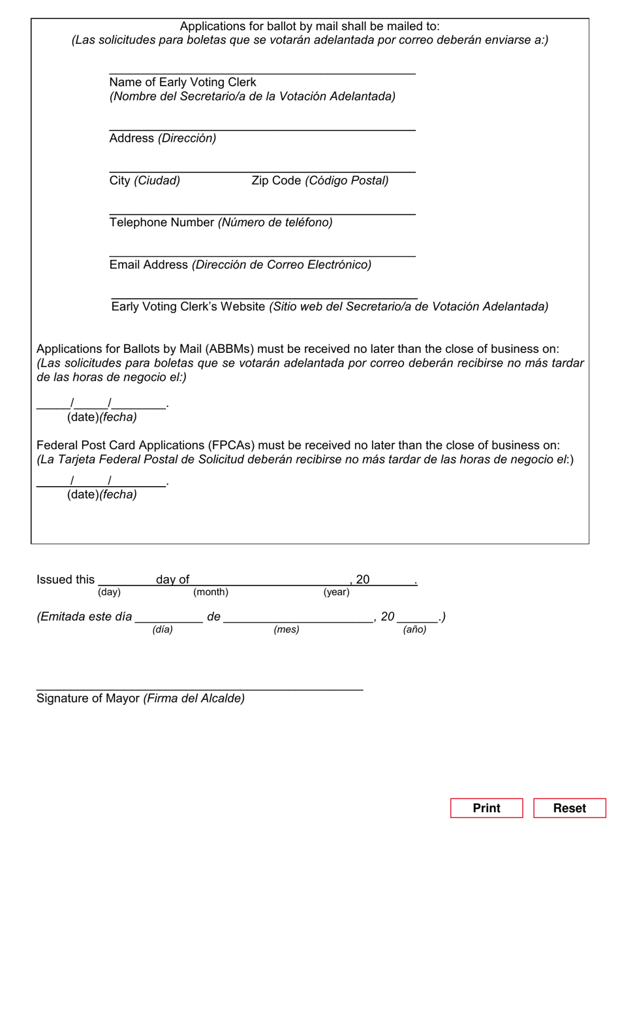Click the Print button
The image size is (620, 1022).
click(x=486, y=808)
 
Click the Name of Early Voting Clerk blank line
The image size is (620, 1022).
click(x=262, y=73)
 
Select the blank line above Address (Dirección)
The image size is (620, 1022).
click(x=262, y=129)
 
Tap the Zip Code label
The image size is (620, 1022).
click(x=276, y=180)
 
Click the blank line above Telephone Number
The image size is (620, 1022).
click(x=262, y=213)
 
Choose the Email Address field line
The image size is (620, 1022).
click(x=262, y=255)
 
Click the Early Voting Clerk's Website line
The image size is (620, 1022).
click(x=264, y=297)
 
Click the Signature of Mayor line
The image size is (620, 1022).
click(x=199, y=689)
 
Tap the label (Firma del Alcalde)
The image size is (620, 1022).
click(x=194, y=699)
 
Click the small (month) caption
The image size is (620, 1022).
click(x=211, y=592)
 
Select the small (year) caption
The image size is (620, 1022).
click(x=336, y=592)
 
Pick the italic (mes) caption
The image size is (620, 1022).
click(x=287, y=629)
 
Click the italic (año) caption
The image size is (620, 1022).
click(x=414, y=629)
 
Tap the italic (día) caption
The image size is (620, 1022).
click(x=163, y=629)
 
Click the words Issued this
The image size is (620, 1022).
click(x=65, y=580)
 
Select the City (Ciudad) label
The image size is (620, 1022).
click(x=144, y=180)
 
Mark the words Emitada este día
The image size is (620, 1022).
click(x=85, y=617)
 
